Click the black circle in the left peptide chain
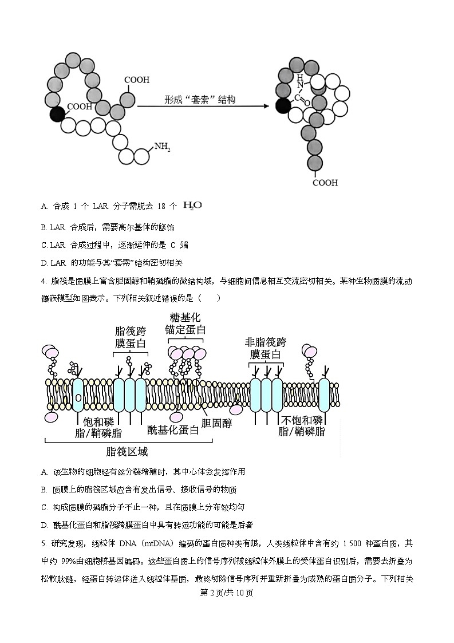point(57,114)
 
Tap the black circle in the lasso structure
point(282,106)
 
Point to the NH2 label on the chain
point(162,147)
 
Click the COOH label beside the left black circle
point(80,106)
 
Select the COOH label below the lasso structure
point(325,183)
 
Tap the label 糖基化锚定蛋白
point(185,324)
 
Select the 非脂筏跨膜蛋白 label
point(265,348)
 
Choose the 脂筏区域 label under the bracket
point(127,452)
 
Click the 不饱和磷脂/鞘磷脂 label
point(302,425)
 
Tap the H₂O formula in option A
point(192,205)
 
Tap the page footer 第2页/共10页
point(227,592)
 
